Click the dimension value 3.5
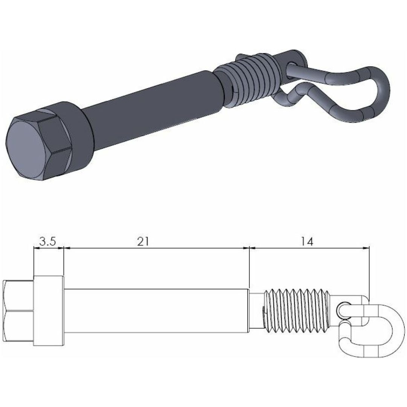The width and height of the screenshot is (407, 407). (x=48, y=242)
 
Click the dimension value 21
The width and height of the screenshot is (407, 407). (x=143, y=242)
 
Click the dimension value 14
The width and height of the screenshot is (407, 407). (x=308, y=242)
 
